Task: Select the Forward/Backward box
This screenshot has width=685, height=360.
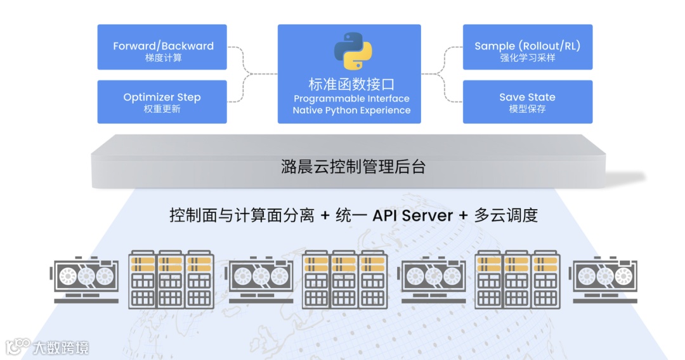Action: [162, 47]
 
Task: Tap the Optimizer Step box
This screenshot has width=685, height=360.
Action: [162, 101]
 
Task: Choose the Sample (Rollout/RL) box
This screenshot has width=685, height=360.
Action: [528, 47]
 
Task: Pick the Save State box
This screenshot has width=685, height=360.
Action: [528, 101]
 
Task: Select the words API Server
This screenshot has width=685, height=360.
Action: [412, 215]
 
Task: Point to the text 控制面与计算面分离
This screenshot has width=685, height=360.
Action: [242, 215]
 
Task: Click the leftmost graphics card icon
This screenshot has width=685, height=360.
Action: [85, 280]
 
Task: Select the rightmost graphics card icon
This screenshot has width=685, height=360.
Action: [605, 280]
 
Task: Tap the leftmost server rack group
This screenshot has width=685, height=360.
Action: [171, 280]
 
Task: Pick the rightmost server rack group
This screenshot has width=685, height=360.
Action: [518, 280]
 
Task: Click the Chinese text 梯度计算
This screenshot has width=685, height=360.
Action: [163, 58]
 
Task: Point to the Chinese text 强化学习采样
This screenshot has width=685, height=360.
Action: [528, 58]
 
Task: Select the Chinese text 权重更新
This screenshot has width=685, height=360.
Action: [162, 109]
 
